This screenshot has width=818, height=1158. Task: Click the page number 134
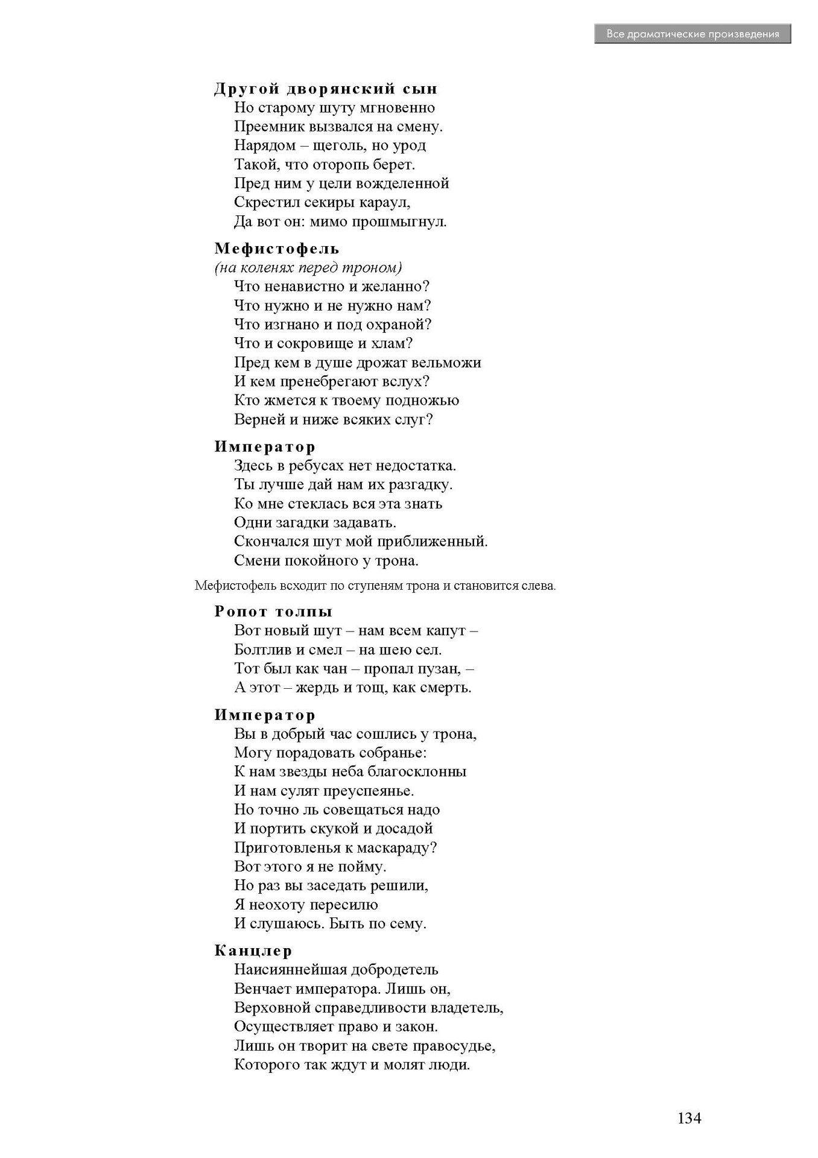(689, 1118)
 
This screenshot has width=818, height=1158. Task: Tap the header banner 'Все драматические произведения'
(692, 34)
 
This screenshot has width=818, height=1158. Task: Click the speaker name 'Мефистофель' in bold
(277, 248)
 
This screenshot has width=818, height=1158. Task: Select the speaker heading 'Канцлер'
(253, 951)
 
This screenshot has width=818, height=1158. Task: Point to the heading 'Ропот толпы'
(273, 611)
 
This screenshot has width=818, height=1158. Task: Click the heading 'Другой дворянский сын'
(326, 89)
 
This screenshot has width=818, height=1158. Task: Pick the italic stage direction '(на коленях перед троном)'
(308, 267)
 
